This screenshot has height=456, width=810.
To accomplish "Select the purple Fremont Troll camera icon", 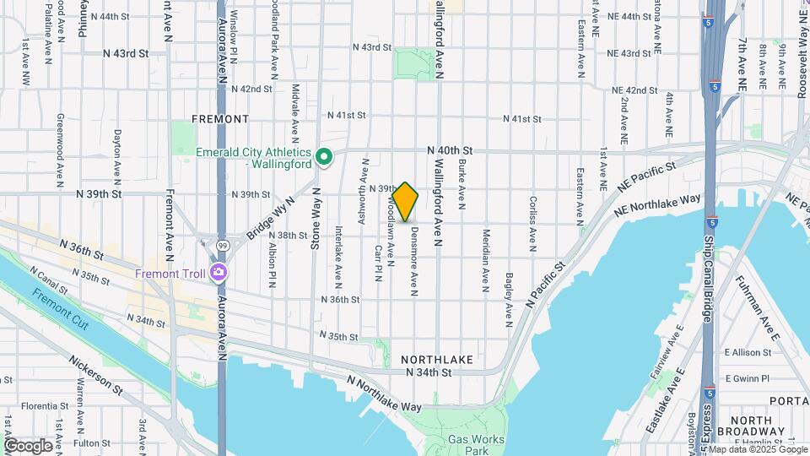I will (x=219, y=273).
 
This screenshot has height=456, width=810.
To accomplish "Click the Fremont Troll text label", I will (x=171, y=274).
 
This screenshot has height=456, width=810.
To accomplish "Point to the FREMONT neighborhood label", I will (x=220, y=119).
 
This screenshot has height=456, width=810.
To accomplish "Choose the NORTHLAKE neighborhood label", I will (x=436, y=359).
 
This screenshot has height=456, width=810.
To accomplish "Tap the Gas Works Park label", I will (x=476, y=445).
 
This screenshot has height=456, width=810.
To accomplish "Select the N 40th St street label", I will (x=449, y=149).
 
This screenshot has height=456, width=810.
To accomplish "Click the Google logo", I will (x=27, y=445).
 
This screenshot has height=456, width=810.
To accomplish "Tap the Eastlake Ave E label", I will (x=662, y=405).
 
